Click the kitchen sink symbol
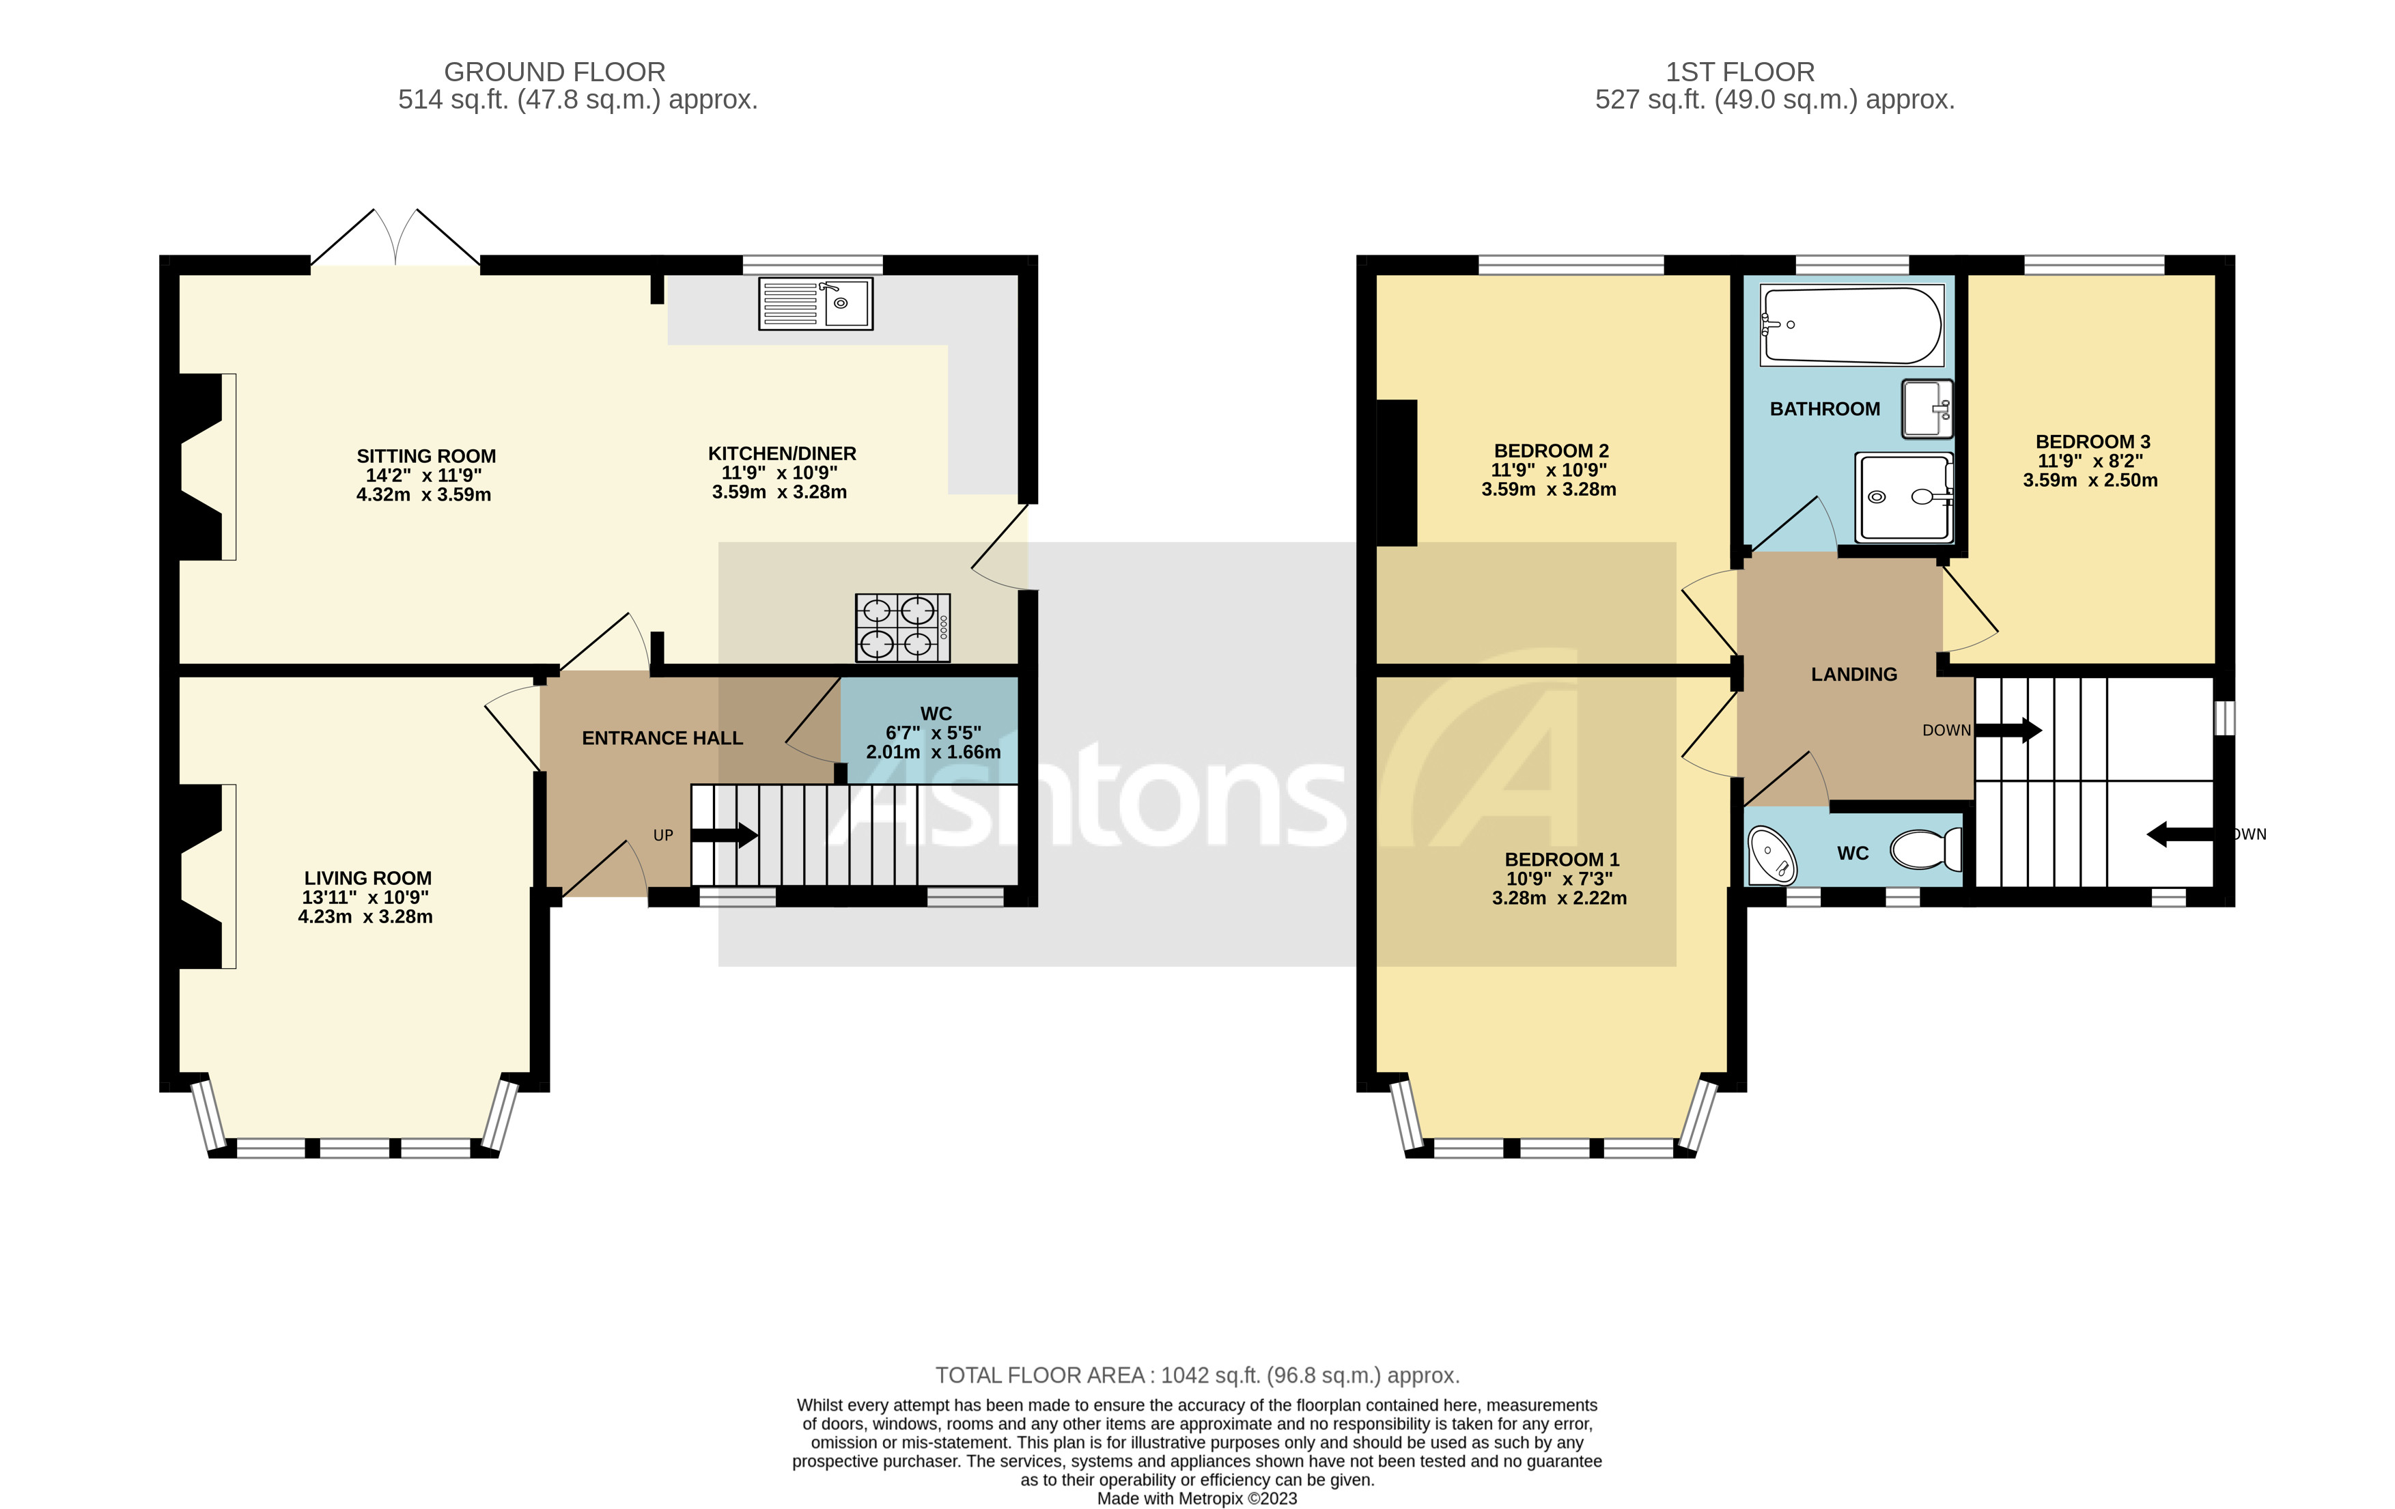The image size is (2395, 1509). (815, 303)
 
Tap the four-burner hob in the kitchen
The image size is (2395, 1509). (902, 627)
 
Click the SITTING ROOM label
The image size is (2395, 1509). (425, 457)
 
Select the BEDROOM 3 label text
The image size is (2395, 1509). (2092, 442)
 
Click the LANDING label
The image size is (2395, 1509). (1854, 675)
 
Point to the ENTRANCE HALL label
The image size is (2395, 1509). (662, 738)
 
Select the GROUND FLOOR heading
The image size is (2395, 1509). (554, 72)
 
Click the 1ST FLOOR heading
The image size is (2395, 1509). (1739, 72)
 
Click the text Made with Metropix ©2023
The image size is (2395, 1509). (1196, 1498)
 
